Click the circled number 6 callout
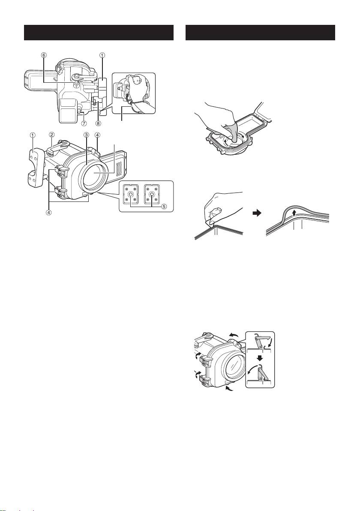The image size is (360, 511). [44, 55]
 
